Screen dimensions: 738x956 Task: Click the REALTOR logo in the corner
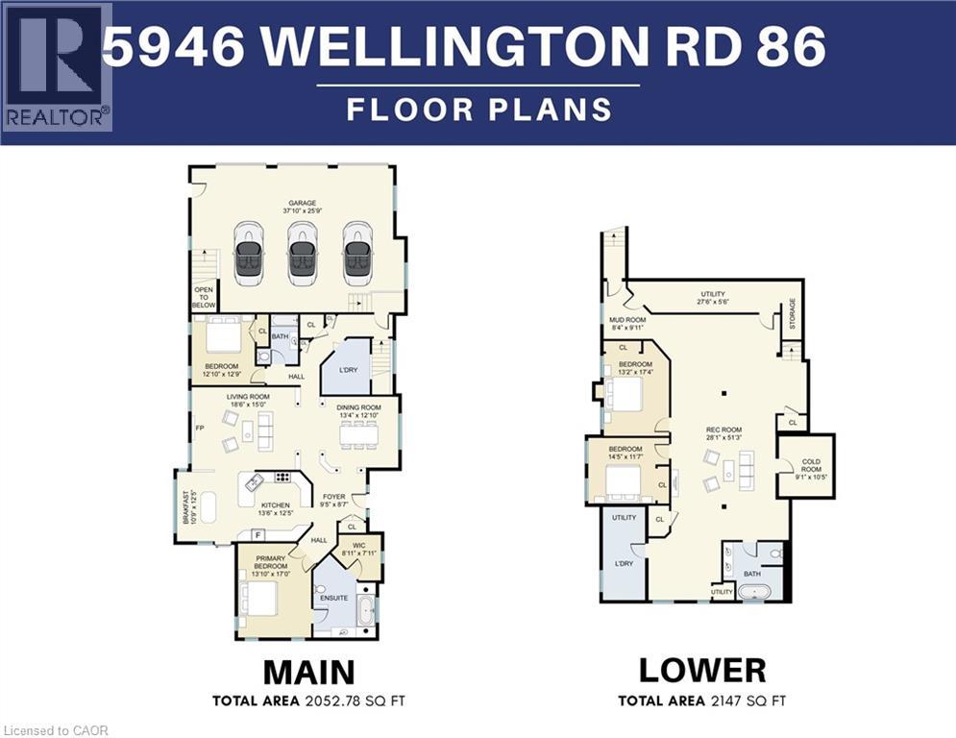(x=57, y=67)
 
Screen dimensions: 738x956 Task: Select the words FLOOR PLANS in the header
(x=478, y=109)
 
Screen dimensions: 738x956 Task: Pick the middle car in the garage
(x=303, y=254)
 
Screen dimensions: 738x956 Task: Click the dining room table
(x=360, y=434)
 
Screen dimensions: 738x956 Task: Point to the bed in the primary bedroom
(x=261, y=599)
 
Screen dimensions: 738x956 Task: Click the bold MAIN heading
(x=308, y=671)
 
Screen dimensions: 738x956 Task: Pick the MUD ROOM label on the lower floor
(x=627, y=324)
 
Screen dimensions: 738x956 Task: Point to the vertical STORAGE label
(x=793, y=312)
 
